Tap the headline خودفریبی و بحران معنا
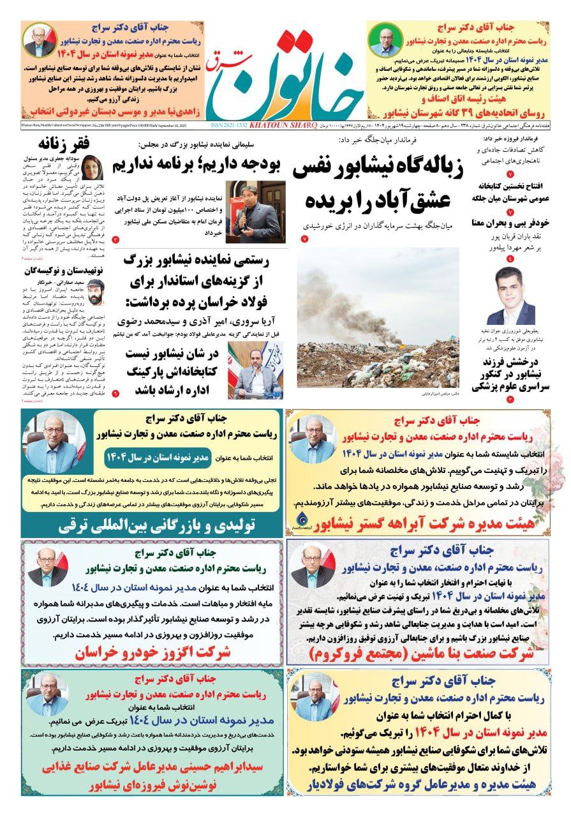pyautogui.click(x=511, y=224)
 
